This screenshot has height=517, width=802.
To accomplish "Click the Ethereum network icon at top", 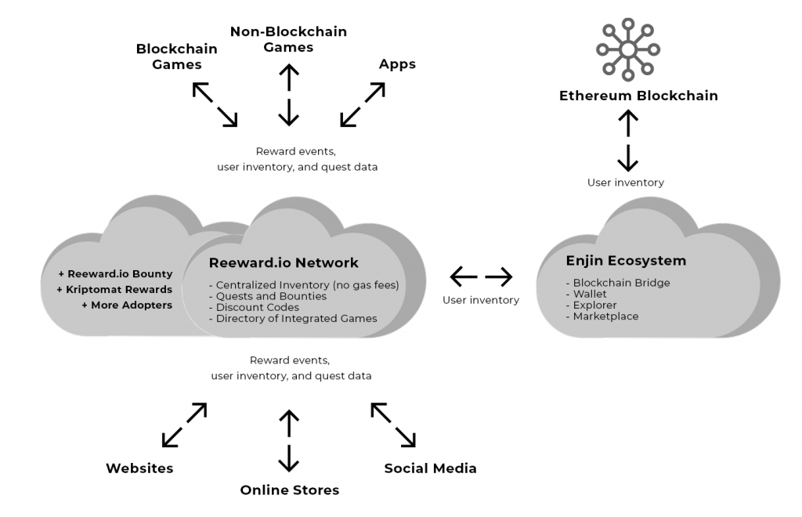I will click(x=627, y=49).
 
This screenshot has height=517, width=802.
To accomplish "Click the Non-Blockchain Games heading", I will click(x=288, y=39).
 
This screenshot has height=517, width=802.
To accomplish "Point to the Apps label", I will click(x=397, y=63).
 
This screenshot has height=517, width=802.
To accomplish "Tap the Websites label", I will click(x=139, y=468).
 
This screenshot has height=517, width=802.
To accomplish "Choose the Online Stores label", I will click(x=289, y=490).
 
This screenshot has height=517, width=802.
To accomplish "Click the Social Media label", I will click(x=430, y=468).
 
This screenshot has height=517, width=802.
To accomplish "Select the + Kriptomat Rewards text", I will click(x=114, y=289).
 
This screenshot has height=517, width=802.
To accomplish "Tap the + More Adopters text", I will click(x=126, y=305).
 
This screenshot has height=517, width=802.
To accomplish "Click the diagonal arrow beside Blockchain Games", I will click(x=215, y=104).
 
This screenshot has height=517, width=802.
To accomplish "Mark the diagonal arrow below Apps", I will click(x=363, y=104).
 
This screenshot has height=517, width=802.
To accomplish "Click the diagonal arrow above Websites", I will click(x=184, y=425).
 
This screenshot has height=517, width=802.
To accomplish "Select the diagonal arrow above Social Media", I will click(x=393, y=425).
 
